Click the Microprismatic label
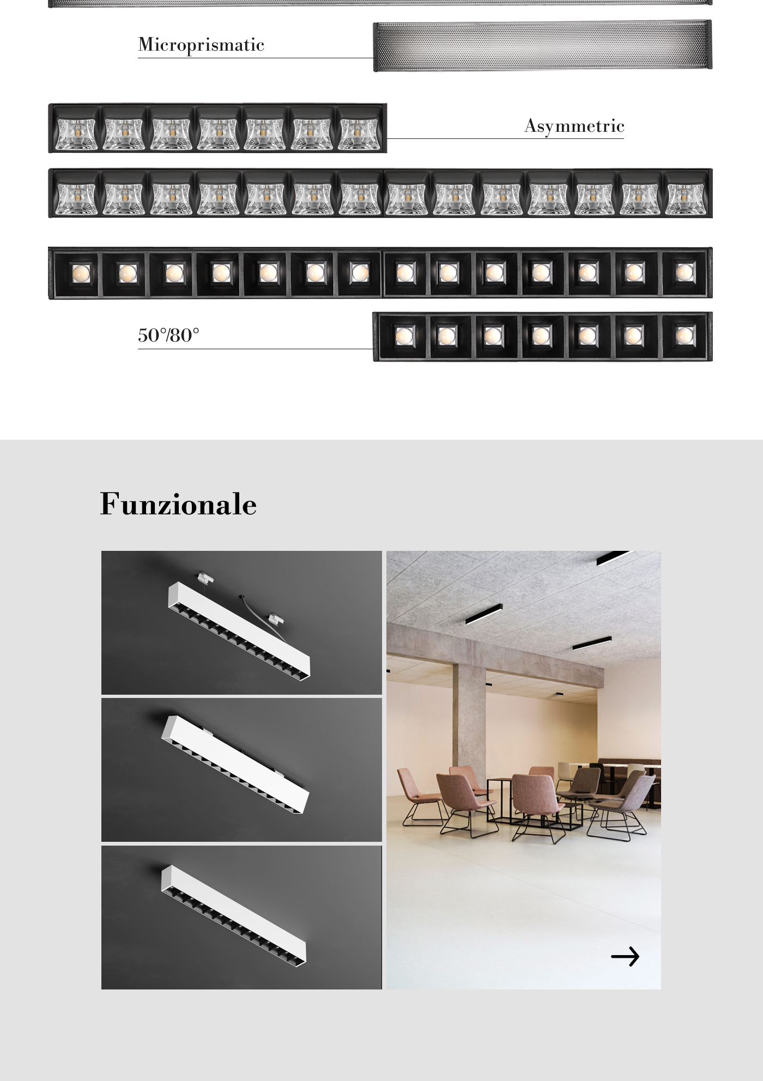pyautogui.click(x=201, y=45)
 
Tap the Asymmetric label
pyautogui.click(x=574, y=126)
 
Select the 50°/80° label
pyautogui.click(x=168, y=335)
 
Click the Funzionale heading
pyautogui.click(x=178, y=504)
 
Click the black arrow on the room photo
pyautogui.click(x=625, y=956)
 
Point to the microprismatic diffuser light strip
pyautogui.click(x=542, y=46)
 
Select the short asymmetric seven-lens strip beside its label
pyautogui.click(x=217, y=129)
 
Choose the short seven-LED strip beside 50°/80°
pyautogui.click(x=542, y=337)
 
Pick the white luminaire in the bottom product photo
pyautogui.click(x=233, y=912)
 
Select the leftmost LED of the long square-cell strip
pyautogui.click(x=79, y=272)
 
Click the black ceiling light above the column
pyautogui.click(x=483, y=614)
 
